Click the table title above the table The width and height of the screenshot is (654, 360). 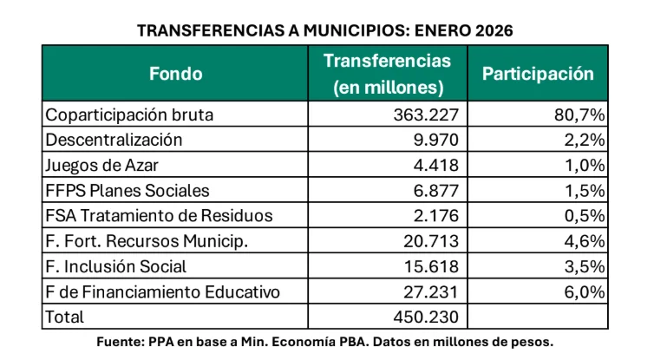(x=325, y=30)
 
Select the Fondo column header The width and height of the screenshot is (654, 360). (x=175, y=74)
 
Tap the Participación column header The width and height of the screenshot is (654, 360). (x=538, y=74)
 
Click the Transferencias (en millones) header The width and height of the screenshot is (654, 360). (x=388, y=74)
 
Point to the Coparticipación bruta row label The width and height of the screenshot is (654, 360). (x=129, y=115)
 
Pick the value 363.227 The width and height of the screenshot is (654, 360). (x=434, y=115)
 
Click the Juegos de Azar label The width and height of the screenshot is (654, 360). (x=99, y=165)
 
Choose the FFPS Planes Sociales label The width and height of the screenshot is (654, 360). (x=128, y=190)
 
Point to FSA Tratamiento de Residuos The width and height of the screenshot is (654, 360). (x=159, y=215)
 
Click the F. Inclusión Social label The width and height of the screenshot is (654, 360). (x=116, y=266)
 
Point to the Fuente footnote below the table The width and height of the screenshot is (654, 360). (x=325, y=342)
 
